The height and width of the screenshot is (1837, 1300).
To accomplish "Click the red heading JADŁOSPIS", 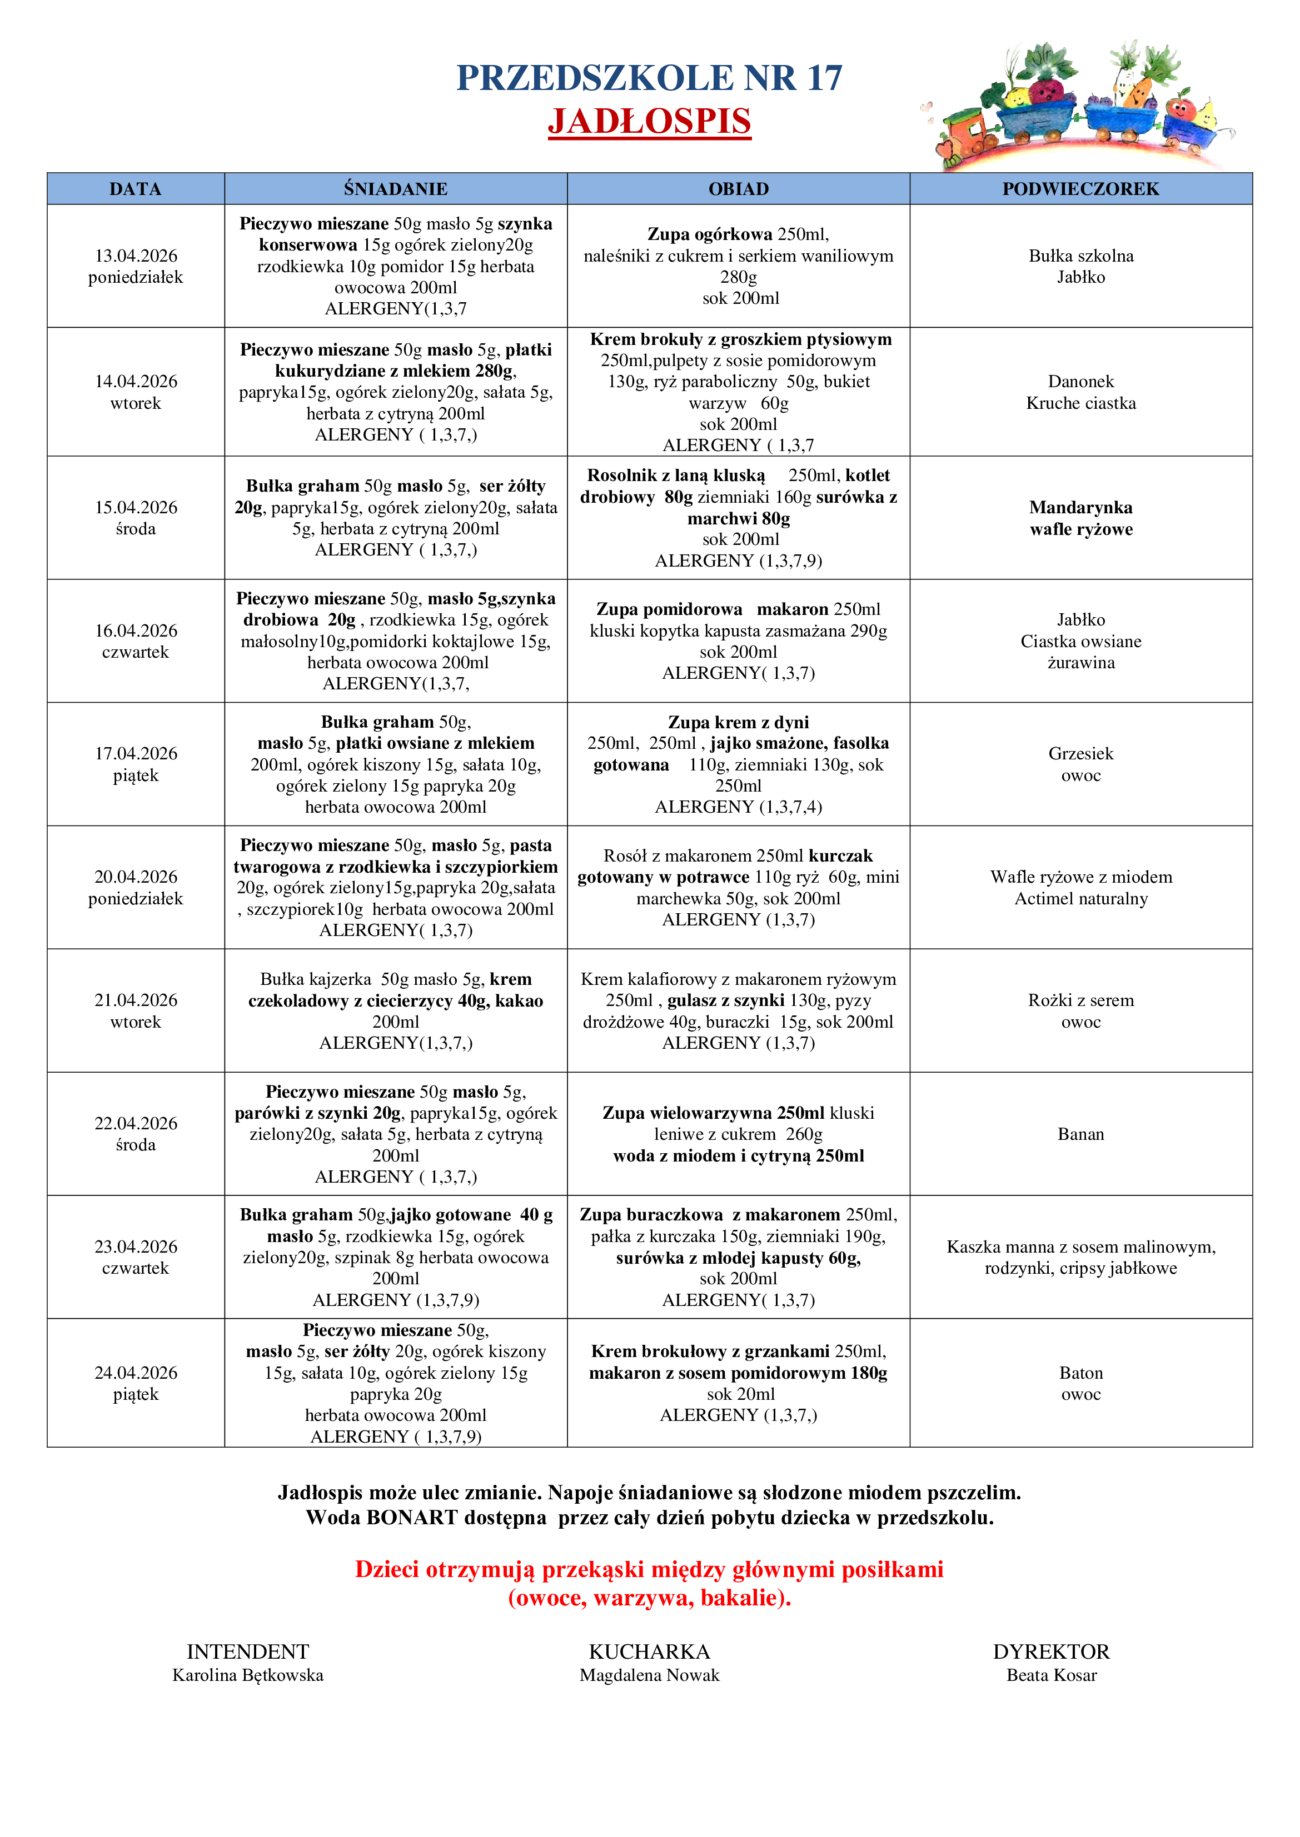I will click(x=649, y=122).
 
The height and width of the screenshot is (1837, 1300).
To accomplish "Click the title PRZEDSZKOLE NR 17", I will click(x=649, y=78).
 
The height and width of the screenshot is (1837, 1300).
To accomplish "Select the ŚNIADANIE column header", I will click(x=395, y=189).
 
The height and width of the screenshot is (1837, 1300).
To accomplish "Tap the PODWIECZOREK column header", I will click(x=1080, y=189).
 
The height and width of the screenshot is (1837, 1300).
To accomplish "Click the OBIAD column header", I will click(x=738, y=189).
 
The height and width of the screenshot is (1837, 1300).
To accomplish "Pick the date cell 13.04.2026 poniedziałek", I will click(x=135, y=267).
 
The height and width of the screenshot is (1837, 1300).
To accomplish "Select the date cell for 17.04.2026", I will click(x=135, y=764).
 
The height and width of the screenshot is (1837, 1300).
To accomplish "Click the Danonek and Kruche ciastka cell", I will click(x=1080, y=392).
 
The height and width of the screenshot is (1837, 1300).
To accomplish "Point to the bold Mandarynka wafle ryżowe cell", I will click(x=1080, y=518).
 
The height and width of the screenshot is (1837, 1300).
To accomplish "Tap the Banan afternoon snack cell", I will click(x=1080, y=1134).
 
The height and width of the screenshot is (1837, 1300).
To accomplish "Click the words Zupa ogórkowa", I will click(x=709, y=234).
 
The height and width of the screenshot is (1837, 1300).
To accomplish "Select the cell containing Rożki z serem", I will click(x=1080, y=1010).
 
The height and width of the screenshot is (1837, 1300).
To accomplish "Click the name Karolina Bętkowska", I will click(x=248, y=1675).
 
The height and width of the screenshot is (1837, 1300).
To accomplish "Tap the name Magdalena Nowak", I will click(x=649, y=1675).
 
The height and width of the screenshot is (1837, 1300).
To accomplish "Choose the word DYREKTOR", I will click(x=1051, y=1651).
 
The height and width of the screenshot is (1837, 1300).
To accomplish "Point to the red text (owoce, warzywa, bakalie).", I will click(x=649, y=1598).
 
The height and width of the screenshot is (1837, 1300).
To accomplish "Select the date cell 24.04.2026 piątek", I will click(x=135, y=1383).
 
